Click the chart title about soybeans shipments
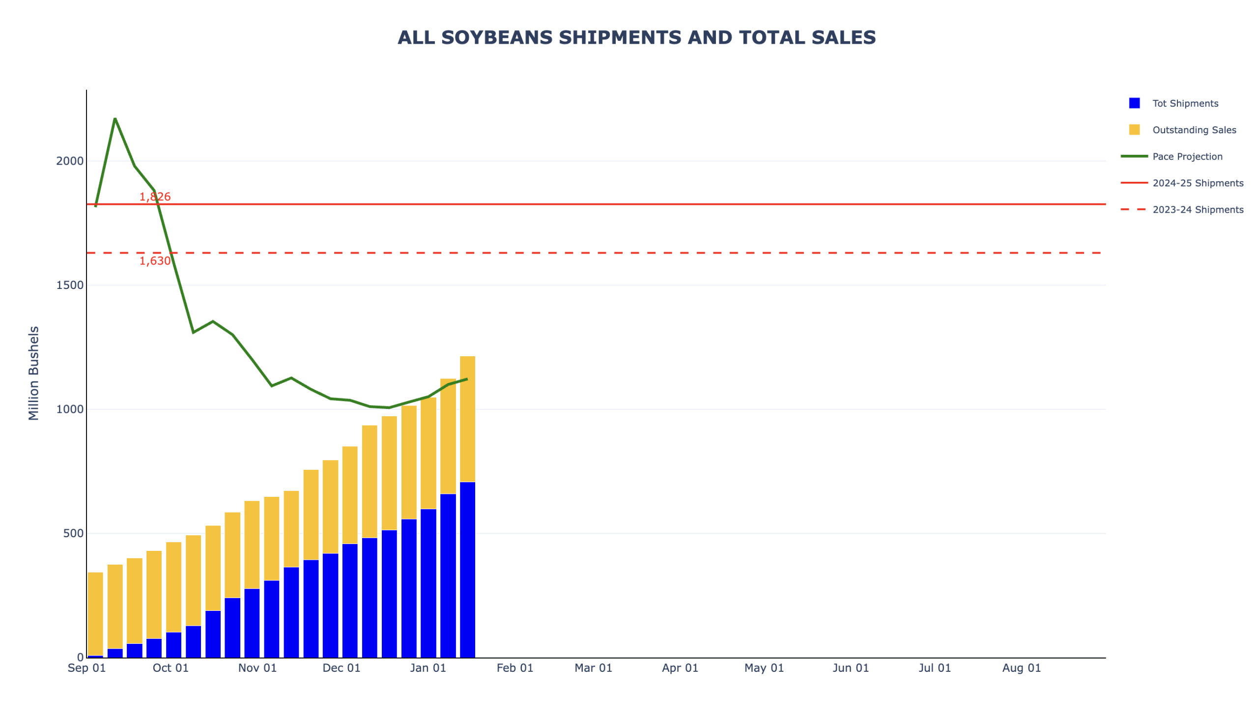pyautogui.click(x=636, y=38)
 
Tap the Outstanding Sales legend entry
pyautogui.click(x=1194, y=130)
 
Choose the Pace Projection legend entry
pyautogui.click(x=1187, y=157)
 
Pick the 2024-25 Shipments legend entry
pyautogui.click(x=1197, y=183)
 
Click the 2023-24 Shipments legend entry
pyautogui.click(x=1197, y=210)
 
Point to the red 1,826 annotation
pyautogui.click(x=155, y=197)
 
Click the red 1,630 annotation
pyautogui.click(x=155, y=261)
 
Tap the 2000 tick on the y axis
pyautogui.click(x=69, y=161)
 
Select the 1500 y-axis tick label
pyautogui.click(x=69, y=286)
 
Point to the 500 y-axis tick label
pyautogui.click(x=73, y=534)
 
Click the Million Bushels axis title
pyautogui.click(x=33, y=373)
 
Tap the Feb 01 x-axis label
pyautogui.click(x=515, y=668)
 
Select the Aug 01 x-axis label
pyautogui.click(x=1021, y=668)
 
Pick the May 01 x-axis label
pyautogui.click(x=764, y=668)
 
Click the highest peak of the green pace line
pyautogui.click(x=115, y=119)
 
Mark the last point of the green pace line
pyautogui.click(x=467, y=379)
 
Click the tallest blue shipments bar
pyautogui.click(x=467, y=570)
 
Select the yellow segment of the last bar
pyautogui.click(x=467, y=419)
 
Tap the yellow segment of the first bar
pyautogui.click(x=95, y=614)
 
